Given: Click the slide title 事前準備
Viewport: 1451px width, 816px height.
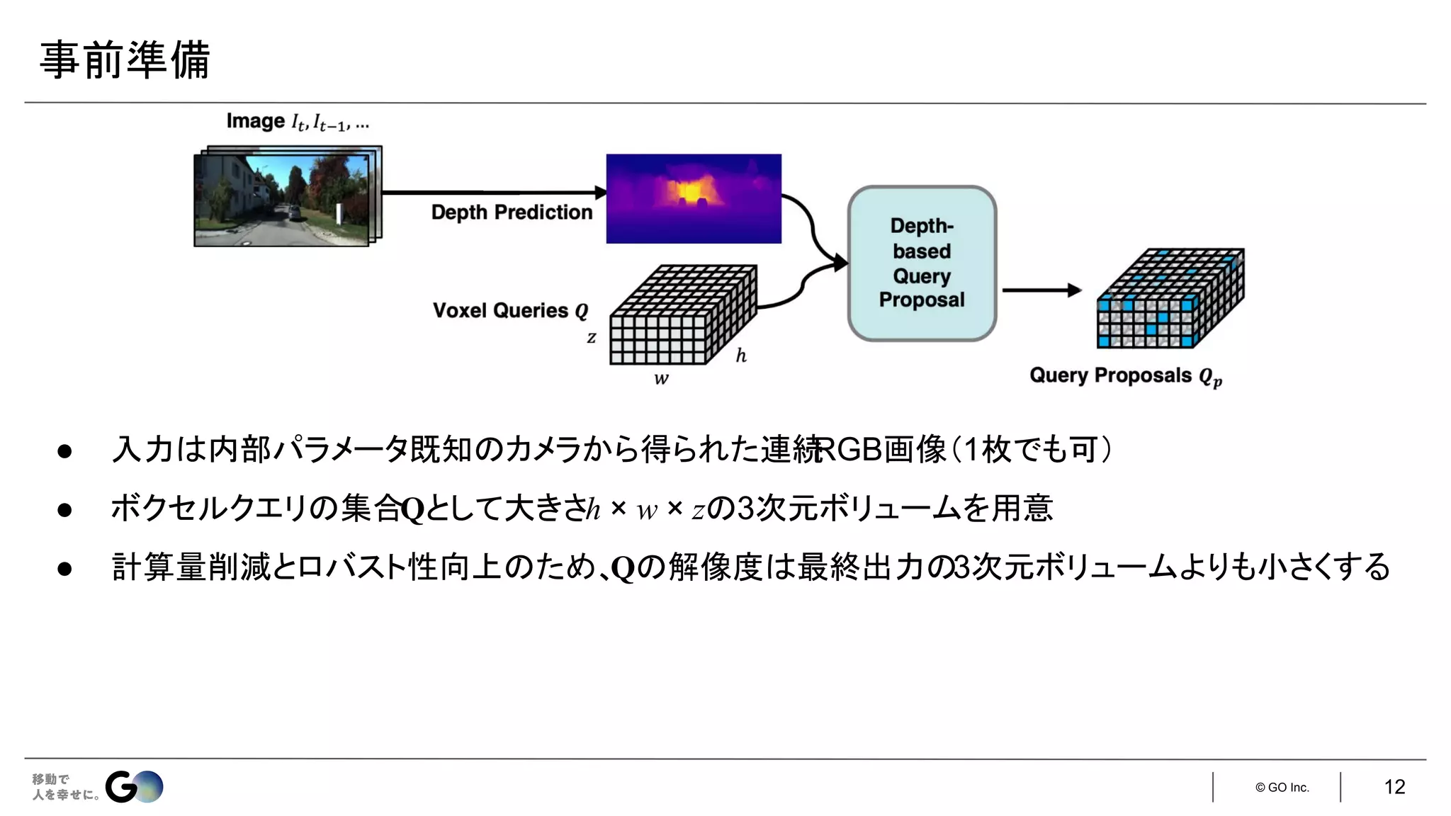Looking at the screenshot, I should pyautogui.click(x=125, y=59).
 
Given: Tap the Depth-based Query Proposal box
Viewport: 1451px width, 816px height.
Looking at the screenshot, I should pyautogui.click(x=922, y=263).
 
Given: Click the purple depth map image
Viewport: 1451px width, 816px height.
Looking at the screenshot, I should pyautogui.click(x=694, y=198).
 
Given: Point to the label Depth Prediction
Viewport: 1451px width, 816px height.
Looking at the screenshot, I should pyautogui.click(x=512, y=212).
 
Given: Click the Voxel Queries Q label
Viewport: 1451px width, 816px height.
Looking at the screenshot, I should pyautogui.click(x=510, y=311).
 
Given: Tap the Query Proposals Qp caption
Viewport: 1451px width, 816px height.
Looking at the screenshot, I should pyautogui.click(x=1125, y=376).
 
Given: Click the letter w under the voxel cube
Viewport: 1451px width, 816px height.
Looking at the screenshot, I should pyautogui.click(x=661, y=379).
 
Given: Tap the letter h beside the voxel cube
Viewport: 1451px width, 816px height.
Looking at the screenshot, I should pyautogui.click(x=741, y=356).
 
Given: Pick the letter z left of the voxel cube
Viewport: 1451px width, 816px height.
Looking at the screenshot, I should pyautogui.click(x=592, y=338).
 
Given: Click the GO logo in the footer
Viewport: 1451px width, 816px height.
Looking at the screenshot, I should pyautogui.click(x=134, y=786).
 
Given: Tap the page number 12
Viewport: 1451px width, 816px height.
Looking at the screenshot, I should pyautogui.click(x=1394, y=787).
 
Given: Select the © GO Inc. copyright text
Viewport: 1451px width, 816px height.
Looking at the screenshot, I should pyautogui.click(x=1282, y=788).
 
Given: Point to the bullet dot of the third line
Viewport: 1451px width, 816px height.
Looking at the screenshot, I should pyautogui.click(x=64, y=568).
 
